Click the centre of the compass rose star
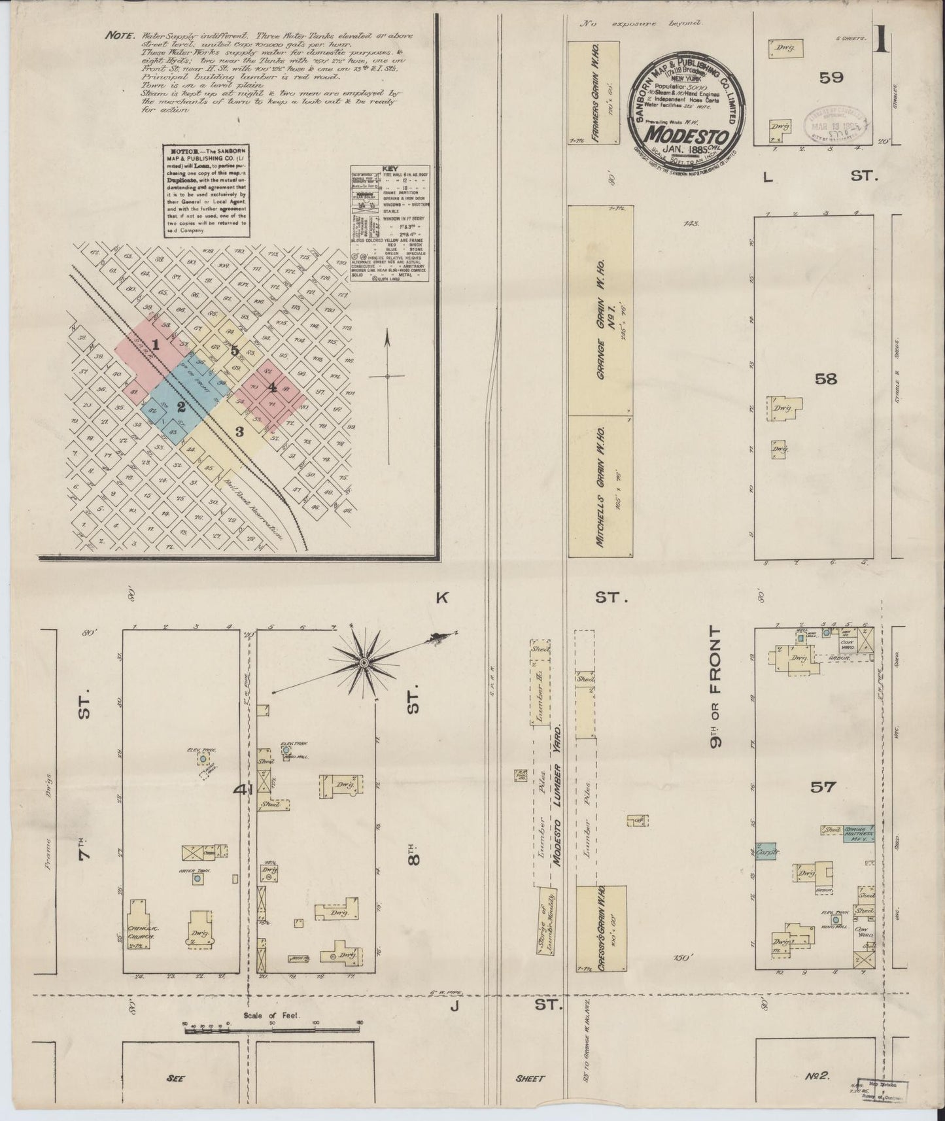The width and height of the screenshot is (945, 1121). tap(364, 664)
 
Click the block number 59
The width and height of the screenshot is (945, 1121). tap(831, 77)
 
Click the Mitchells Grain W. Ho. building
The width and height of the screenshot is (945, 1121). tap(600, 485)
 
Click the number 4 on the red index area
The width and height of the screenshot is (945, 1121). tap(271, 387)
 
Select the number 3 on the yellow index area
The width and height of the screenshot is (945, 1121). tap(240, 432)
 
